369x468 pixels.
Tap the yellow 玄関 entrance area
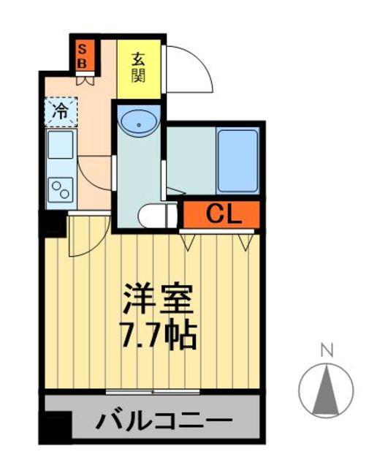[x=138, y=67]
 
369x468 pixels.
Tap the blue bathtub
[x=237, y=161]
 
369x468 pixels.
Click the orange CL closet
[x=221, y=214]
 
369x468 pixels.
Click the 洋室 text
[x=157, y=298]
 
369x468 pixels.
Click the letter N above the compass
[x=327, y=350]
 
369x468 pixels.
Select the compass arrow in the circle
[x=327, y=390]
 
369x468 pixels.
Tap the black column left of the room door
[x=53, y=222]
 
